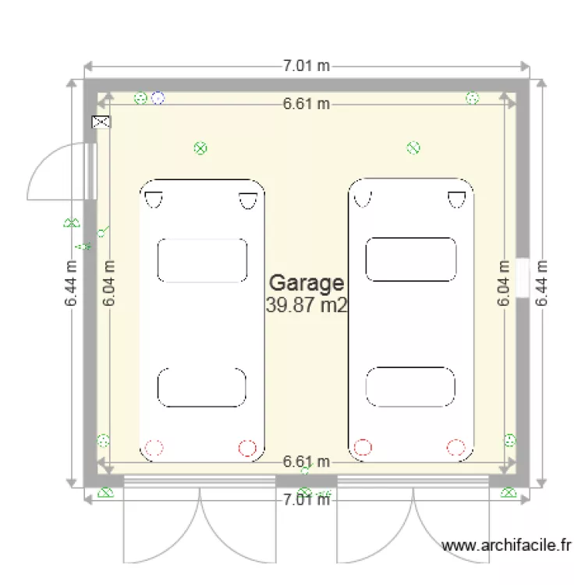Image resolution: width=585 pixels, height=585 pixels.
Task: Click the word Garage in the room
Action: (306, 283)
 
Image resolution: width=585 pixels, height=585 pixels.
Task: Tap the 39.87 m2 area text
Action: (306, 305)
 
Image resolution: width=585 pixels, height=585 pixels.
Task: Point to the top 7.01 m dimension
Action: (306, 66)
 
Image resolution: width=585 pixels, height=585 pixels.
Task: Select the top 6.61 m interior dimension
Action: (306, 104)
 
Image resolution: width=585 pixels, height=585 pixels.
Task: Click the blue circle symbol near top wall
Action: (158, 97)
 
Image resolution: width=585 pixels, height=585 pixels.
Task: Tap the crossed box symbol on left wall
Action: (101, 122)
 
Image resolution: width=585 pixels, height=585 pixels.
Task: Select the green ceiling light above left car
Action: (200, 147)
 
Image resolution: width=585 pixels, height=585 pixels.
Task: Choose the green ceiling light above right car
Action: (414, 147)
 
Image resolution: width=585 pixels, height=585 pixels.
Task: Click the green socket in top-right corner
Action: (472, 97)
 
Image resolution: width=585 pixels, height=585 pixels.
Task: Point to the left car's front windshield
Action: (203, 260)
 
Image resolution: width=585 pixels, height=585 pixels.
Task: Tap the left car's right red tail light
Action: (247, 448)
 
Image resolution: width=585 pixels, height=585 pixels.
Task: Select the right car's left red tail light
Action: (363, 448)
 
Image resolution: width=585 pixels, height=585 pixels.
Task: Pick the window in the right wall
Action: (523, 278)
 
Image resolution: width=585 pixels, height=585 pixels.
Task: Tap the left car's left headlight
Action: (153, 200)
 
